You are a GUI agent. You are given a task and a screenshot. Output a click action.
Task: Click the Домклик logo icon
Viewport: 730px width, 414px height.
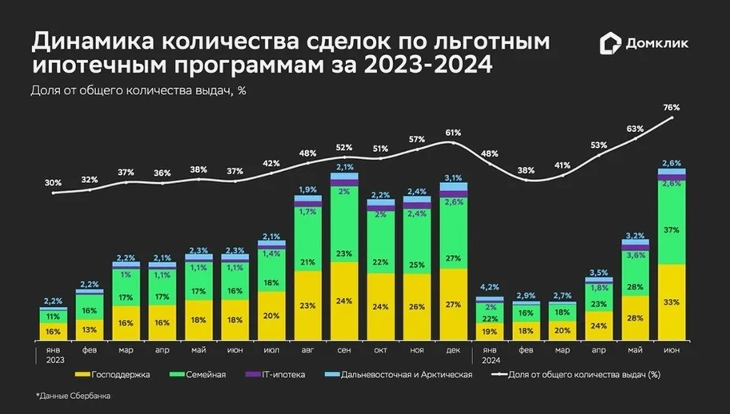click(x=611, y=45)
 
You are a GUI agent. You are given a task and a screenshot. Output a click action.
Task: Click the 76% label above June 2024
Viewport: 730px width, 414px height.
click(x=672, y=107)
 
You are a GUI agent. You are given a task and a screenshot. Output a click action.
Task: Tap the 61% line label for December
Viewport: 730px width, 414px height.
click(x=453, y=133)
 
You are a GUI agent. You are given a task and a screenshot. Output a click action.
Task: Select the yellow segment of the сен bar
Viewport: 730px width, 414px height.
click(x=344, y=302)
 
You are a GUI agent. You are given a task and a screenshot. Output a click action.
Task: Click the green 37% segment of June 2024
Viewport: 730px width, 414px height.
click(x=672, y=229)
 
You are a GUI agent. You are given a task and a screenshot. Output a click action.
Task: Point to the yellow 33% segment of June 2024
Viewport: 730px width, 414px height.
click(x=672, y=303)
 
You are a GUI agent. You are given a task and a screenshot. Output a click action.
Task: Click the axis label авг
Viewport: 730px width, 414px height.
click(x=307, y=350)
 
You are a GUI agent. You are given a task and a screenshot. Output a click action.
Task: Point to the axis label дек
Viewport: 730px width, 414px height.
click(x=453, y=350)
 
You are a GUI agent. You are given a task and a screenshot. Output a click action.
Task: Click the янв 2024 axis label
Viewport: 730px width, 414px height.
click(x=490, y=354)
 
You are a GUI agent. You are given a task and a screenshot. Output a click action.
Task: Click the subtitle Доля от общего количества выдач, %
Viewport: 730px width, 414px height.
click(x=137, y=90)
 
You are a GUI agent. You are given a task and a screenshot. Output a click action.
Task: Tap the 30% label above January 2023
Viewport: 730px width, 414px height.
click(x=53, y=183)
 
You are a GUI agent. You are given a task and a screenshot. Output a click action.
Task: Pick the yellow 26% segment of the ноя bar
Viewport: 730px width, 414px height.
click(x=417, y=305)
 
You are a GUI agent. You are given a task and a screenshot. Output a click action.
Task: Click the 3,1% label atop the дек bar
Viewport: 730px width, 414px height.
click(x=453, y=177)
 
